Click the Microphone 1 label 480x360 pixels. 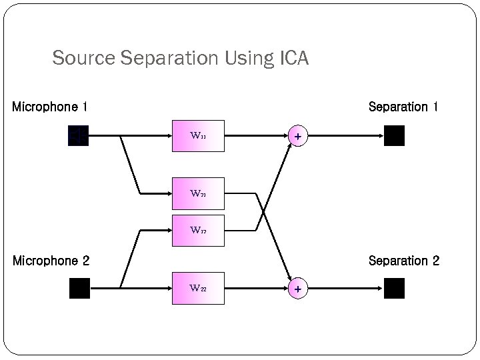click(x=50, y=107)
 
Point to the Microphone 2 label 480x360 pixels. click(x=51, y=261)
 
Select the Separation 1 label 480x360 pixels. click(x=403, y=107)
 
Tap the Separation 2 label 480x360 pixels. click(x=403, y=261)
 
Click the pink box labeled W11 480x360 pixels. click(x=198, y=136)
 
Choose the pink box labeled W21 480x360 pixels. click(x=198, y=194)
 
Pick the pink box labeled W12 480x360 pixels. click(x=198, y=230)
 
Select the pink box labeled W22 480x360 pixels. click(x=198, y=288)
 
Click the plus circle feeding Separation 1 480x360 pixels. click(x=298, y=136)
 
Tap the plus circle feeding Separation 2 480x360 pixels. click(x=298, y=289)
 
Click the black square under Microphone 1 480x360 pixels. click(x=78, y=136)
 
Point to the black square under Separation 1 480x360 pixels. click(x=394, y=136)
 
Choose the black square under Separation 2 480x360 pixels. click(x=394, y=288)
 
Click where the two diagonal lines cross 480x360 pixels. click(x=264, y=212)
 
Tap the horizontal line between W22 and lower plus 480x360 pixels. click(x=257, y=288)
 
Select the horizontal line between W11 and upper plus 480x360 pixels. click(x=257, y=136)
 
